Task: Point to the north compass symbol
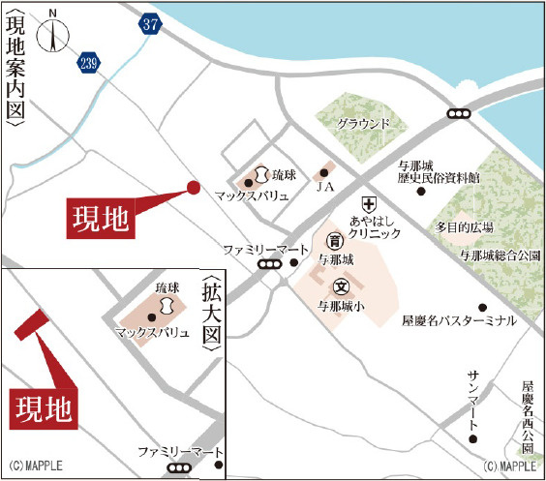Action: pos(51,33)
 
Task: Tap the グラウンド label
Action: pos(363,124)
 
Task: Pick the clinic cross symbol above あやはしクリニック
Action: pos(368,204)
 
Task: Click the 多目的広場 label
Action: pos(465,227)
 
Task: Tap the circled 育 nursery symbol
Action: pos(335,240)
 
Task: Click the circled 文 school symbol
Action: pos(341,286)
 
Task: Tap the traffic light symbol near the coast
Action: pos(459,114)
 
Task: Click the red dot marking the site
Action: pos(193,188)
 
